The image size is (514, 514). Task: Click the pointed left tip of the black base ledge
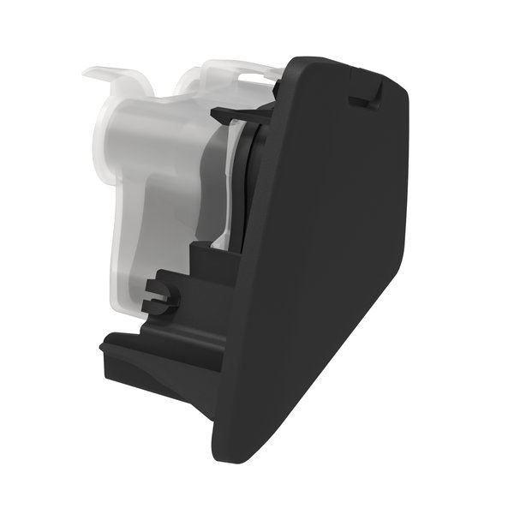coord(104,346)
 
